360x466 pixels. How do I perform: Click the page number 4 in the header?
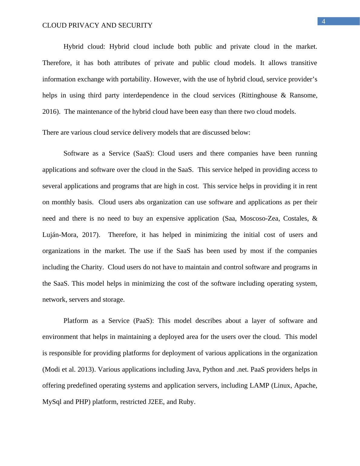click(x=323, y=21)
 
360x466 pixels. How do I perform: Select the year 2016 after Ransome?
click(x=49, y=112)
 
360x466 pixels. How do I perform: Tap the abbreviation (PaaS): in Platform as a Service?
click(x=144, y=321)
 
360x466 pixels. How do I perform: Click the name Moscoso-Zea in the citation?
click(x=260, y=218)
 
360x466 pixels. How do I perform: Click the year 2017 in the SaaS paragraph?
click(x=91, y=235)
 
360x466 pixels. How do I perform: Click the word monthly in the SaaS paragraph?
click(x=64, y=202)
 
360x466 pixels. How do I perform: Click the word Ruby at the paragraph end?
click(x=186, y=402)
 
